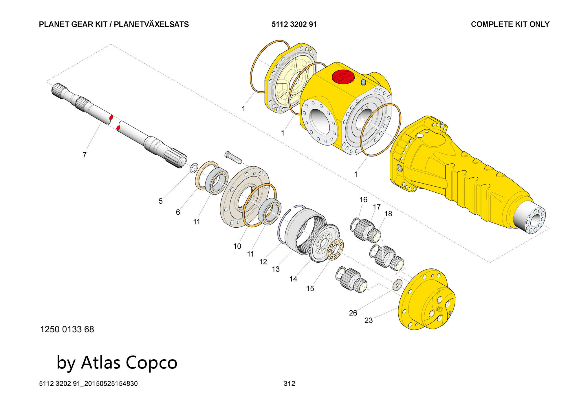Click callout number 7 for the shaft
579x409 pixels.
coord(85,155)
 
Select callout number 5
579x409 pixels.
coord(161,201)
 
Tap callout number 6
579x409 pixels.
coord(178,212)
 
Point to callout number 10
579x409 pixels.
coord(237,246)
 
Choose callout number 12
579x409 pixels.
coord(263,262)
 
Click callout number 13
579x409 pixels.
coord(276,269)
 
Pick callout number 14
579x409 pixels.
coord(293,279)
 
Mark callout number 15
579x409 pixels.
coord(310,288)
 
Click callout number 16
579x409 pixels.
coord(363,200)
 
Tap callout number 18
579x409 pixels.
coord(388,213)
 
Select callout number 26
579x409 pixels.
coord(353,313)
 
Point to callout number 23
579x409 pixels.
coord(369,320)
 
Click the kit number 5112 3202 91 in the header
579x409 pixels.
coord(294,24)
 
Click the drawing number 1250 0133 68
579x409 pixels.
coord(67,329)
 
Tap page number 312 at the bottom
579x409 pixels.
coord(289,384)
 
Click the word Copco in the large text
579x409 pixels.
coord(152,362)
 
